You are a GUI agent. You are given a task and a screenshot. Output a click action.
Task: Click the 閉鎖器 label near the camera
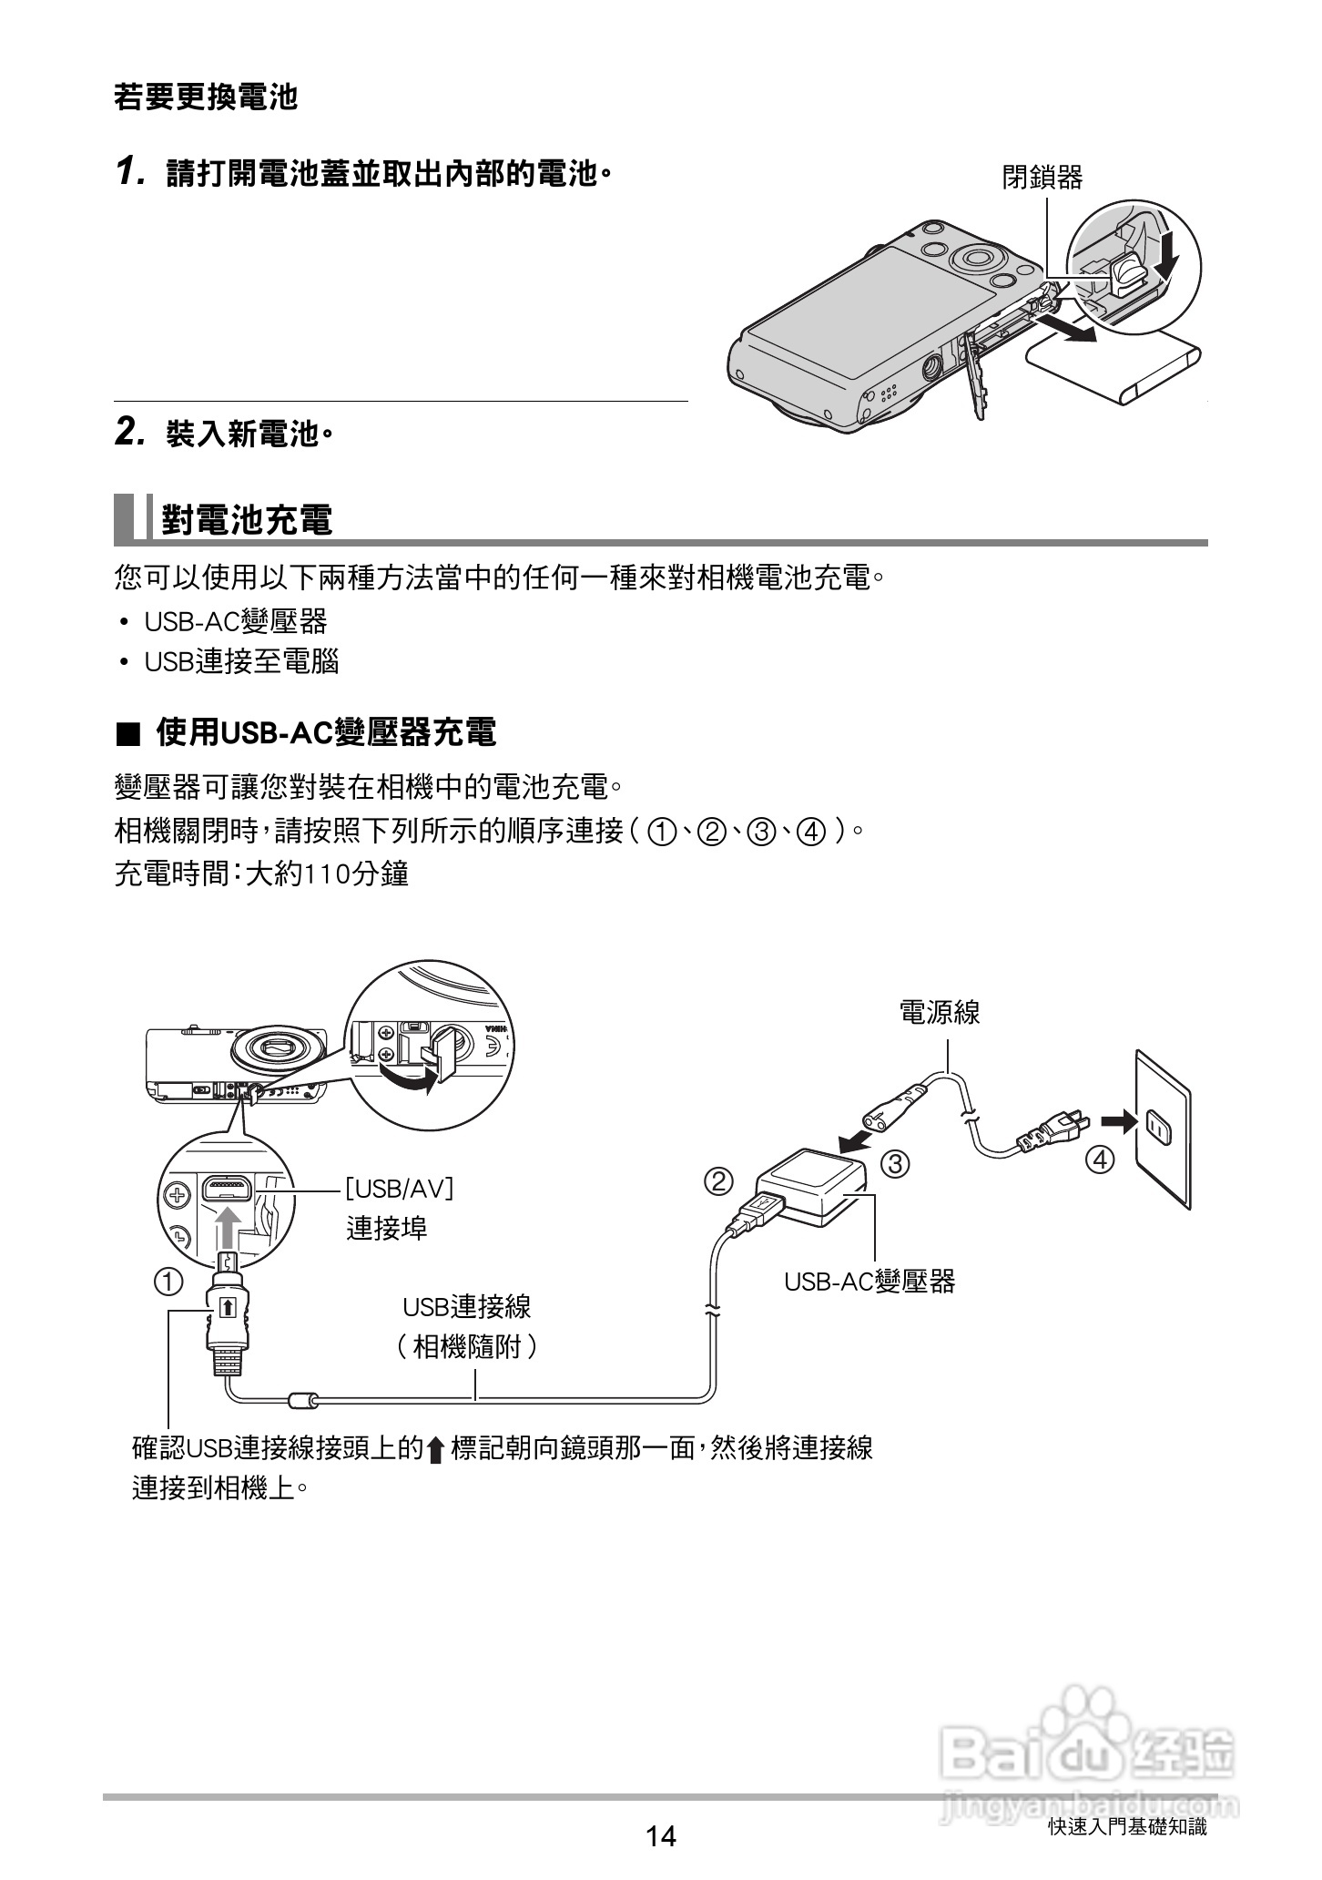click(x=1042, y=178)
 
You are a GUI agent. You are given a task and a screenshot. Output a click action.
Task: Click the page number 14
click(x=661, y=1835)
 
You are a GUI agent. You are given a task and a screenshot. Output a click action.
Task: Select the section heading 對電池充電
click(x=247, y=519)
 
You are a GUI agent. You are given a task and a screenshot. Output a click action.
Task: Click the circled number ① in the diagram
click(x=168, y=1282)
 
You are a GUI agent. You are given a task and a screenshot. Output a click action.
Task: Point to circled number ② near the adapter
click(x=718, y=1182)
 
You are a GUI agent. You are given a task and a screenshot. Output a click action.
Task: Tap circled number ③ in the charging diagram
click(x=896, y=1164)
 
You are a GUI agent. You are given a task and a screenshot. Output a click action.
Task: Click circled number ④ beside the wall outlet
click(x=1100, y=1160)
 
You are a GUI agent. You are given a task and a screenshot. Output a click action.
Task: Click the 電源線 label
click(x=940, y=1012)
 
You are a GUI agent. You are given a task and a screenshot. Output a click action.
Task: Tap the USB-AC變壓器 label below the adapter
click(x=869, y=1282)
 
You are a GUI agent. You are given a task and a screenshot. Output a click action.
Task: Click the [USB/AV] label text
click(x=399, y=1188)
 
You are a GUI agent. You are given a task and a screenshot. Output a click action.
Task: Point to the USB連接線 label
click(x=466, y=1308)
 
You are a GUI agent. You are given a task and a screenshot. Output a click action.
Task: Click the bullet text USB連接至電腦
click(x=241, y=662)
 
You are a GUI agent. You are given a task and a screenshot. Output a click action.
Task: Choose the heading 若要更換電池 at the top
click(x=206, y=97)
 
